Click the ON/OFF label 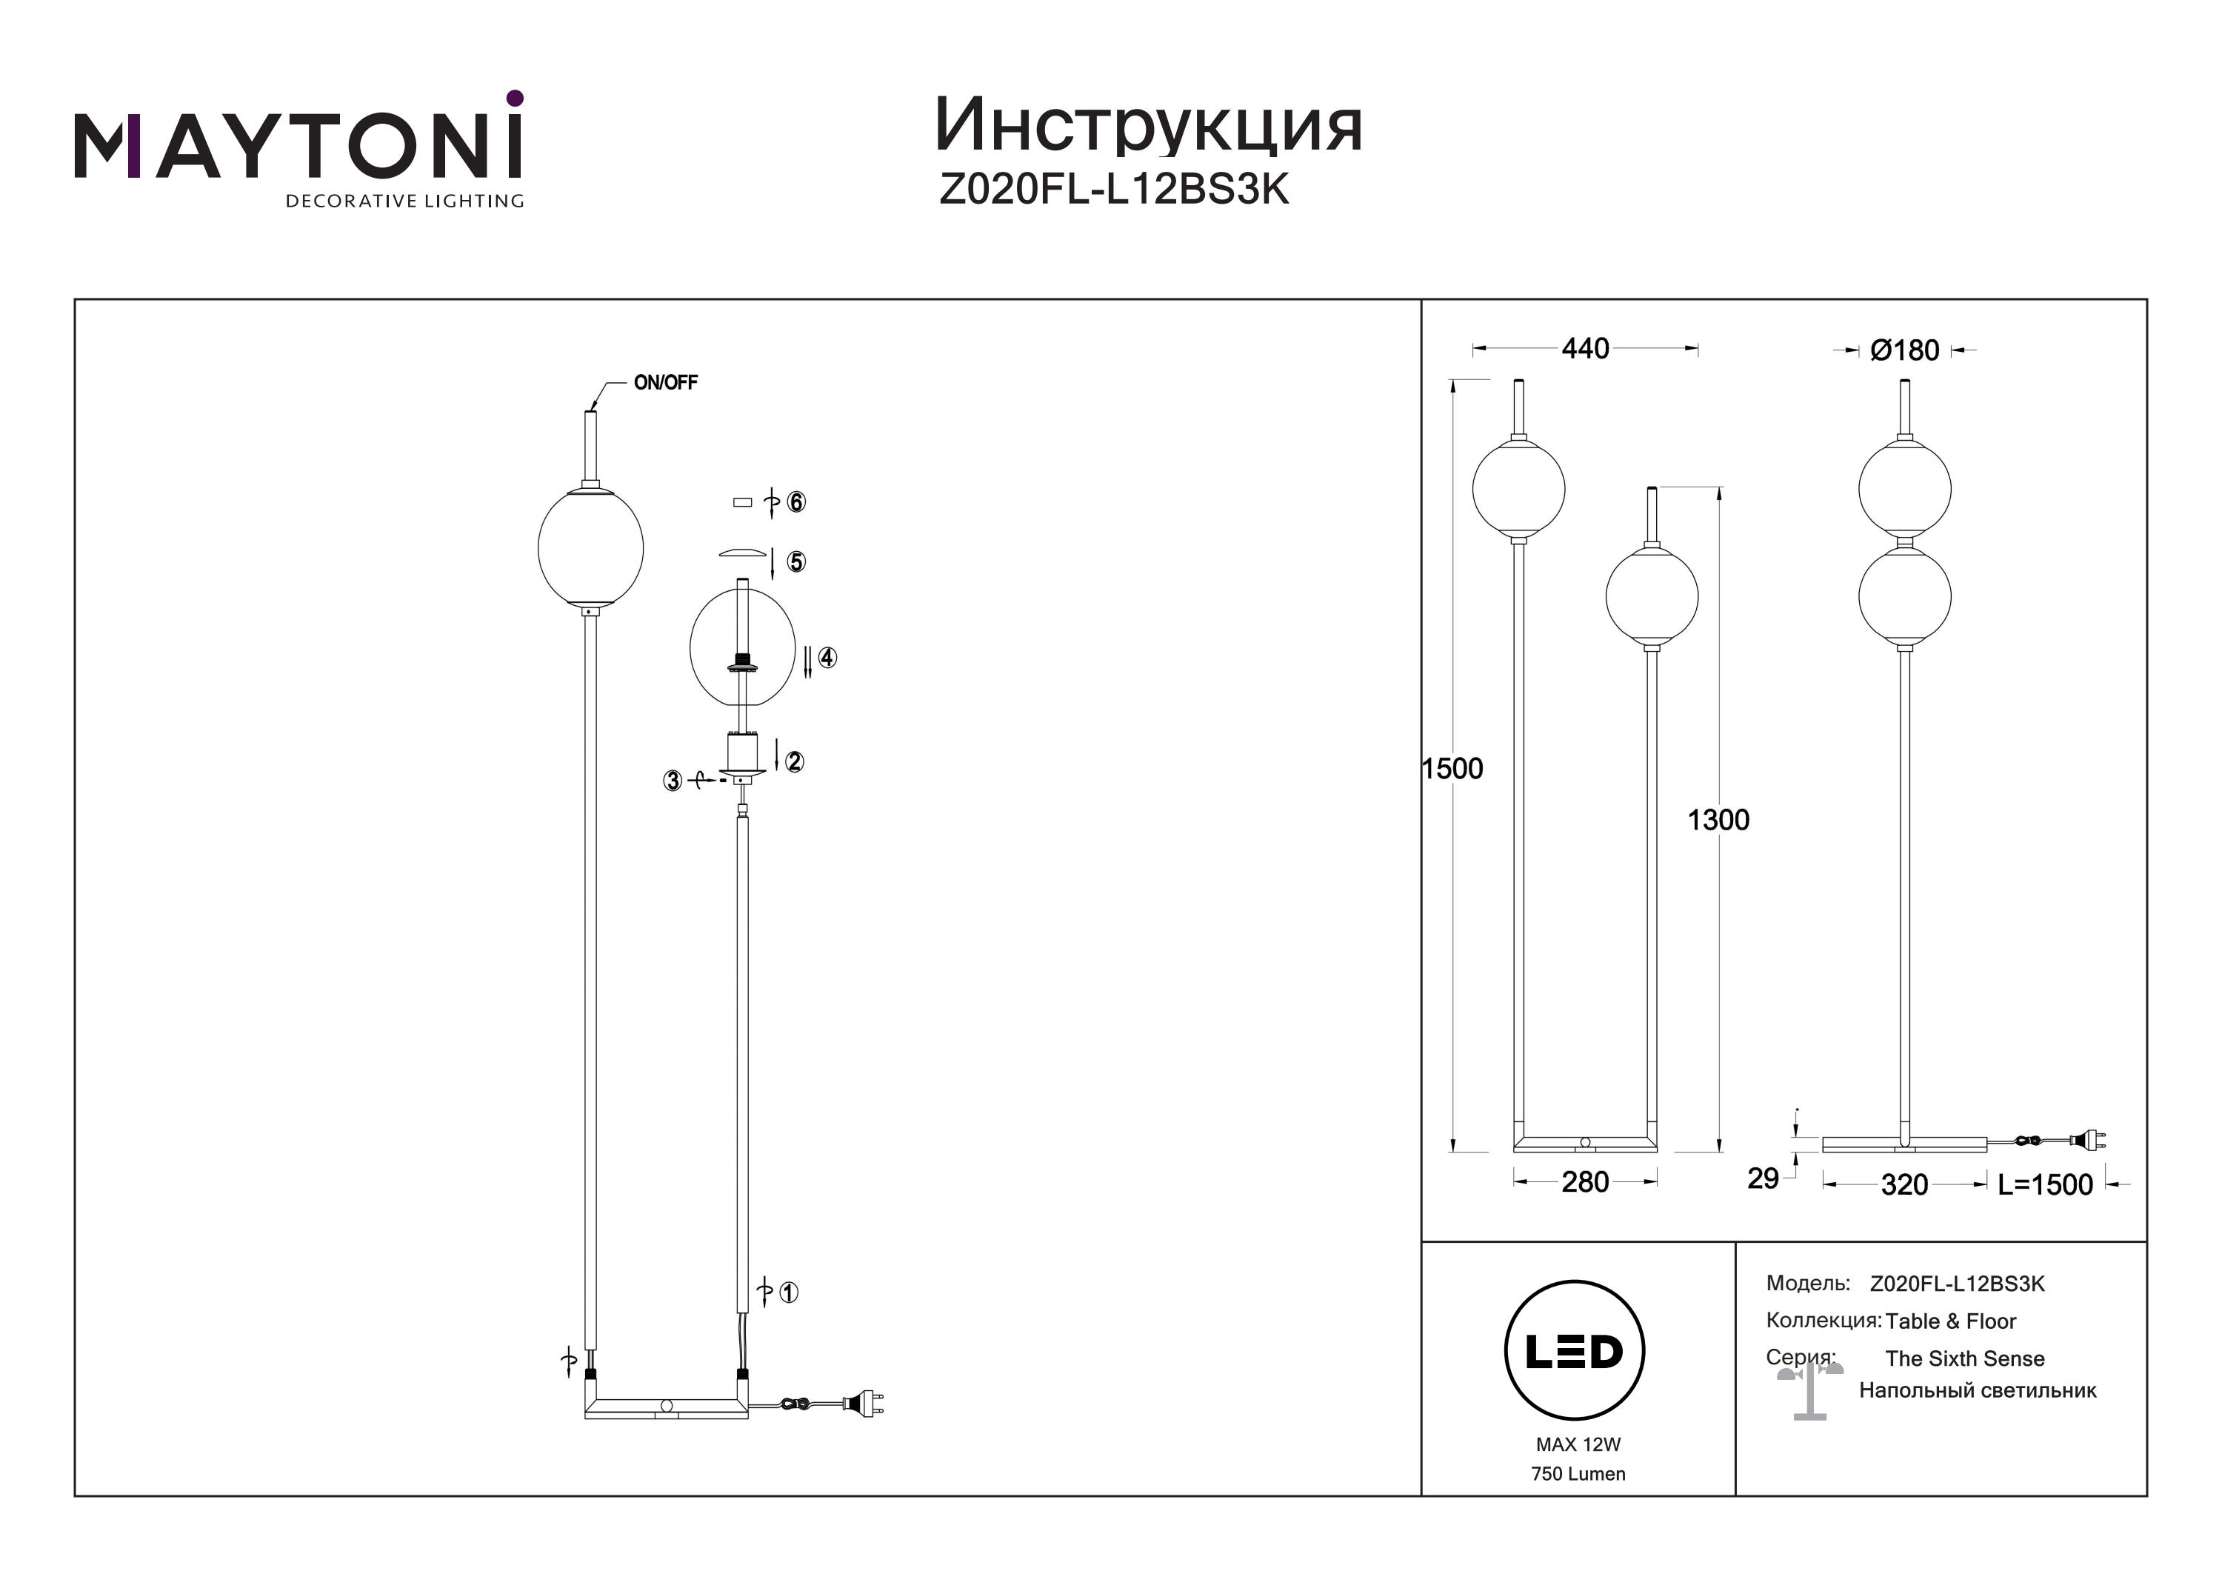666,382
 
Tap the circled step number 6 796,501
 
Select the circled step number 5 796,561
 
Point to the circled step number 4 827,657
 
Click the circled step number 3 673,780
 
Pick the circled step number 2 795,761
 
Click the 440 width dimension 1585,348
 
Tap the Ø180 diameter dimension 1904,350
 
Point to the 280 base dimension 1585,1182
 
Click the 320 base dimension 1904,1185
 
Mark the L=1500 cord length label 2045,1185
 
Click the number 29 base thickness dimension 1764,1178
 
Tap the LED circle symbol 1575,1351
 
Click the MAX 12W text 1578,1444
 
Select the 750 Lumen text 1578,1474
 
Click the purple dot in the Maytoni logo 515,98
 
